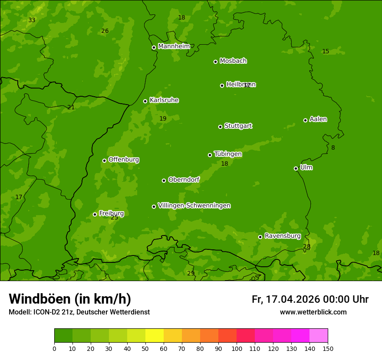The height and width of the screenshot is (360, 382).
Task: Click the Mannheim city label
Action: [174, 46]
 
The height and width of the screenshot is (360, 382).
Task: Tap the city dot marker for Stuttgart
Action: [220, 127]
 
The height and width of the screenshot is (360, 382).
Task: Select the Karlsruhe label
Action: [164, 100]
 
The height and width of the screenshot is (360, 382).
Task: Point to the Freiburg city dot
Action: [95, 214]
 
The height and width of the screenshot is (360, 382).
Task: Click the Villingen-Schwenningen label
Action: [194, 206]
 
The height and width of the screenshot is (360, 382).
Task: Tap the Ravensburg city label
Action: [283, 236]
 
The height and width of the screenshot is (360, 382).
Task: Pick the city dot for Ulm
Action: [296, 168]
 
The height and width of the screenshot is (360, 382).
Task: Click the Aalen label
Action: [318, 119]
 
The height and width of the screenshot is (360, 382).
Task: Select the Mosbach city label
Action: [233, 61]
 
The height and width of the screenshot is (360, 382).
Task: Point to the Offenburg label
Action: [124, 160]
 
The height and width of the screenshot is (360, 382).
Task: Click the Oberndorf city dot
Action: [164, 180]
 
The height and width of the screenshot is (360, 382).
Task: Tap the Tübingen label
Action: [228, 154]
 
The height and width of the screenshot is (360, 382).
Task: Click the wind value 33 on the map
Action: [32, 20]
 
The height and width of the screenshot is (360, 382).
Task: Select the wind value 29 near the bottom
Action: [191, 273]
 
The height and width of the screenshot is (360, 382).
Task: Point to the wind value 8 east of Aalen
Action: [333, 147]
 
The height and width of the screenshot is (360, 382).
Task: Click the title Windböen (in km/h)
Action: [69, 299]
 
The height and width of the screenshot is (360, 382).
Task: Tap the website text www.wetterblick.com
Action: [313, 312]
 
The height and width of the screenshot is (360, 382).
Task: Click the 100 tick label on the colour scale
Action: [237, 348]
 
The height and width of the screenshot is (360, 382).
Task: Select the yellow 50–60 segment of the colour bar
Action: [155, 335]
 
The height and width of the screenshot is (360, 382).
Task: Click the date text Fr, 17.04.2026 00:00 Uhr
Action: [310, 299]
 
